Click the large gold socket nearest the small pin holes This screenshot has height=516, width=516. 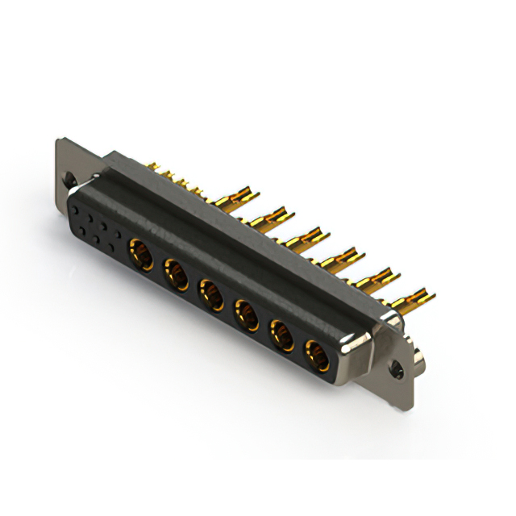pos(142,256)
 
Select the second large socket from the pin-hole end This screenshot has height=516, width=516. pos(176,273)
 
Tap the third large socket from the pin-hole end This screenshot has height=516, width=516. pos(210,293)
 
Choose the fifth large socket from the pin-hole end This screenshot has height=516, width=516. pos(281,332)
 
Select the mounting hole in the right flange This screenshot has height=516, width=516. pos(396,371)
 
